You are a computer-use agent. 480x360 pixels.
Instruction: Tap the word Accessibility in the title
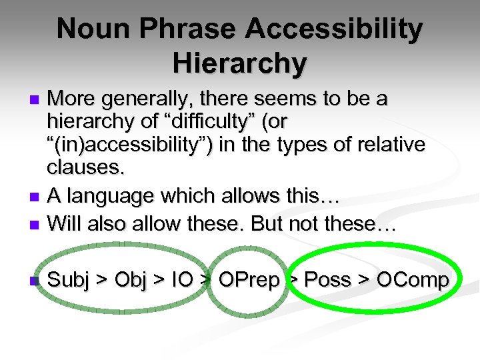tap(335, 29)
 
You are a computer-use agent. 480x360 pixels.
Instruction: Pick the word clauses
tap(85, 168)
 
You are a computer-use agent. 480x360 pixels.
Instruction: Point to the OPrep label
tap(249, 280)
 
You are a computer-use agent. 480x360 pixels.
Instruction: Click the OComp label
tap(413, 280)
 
